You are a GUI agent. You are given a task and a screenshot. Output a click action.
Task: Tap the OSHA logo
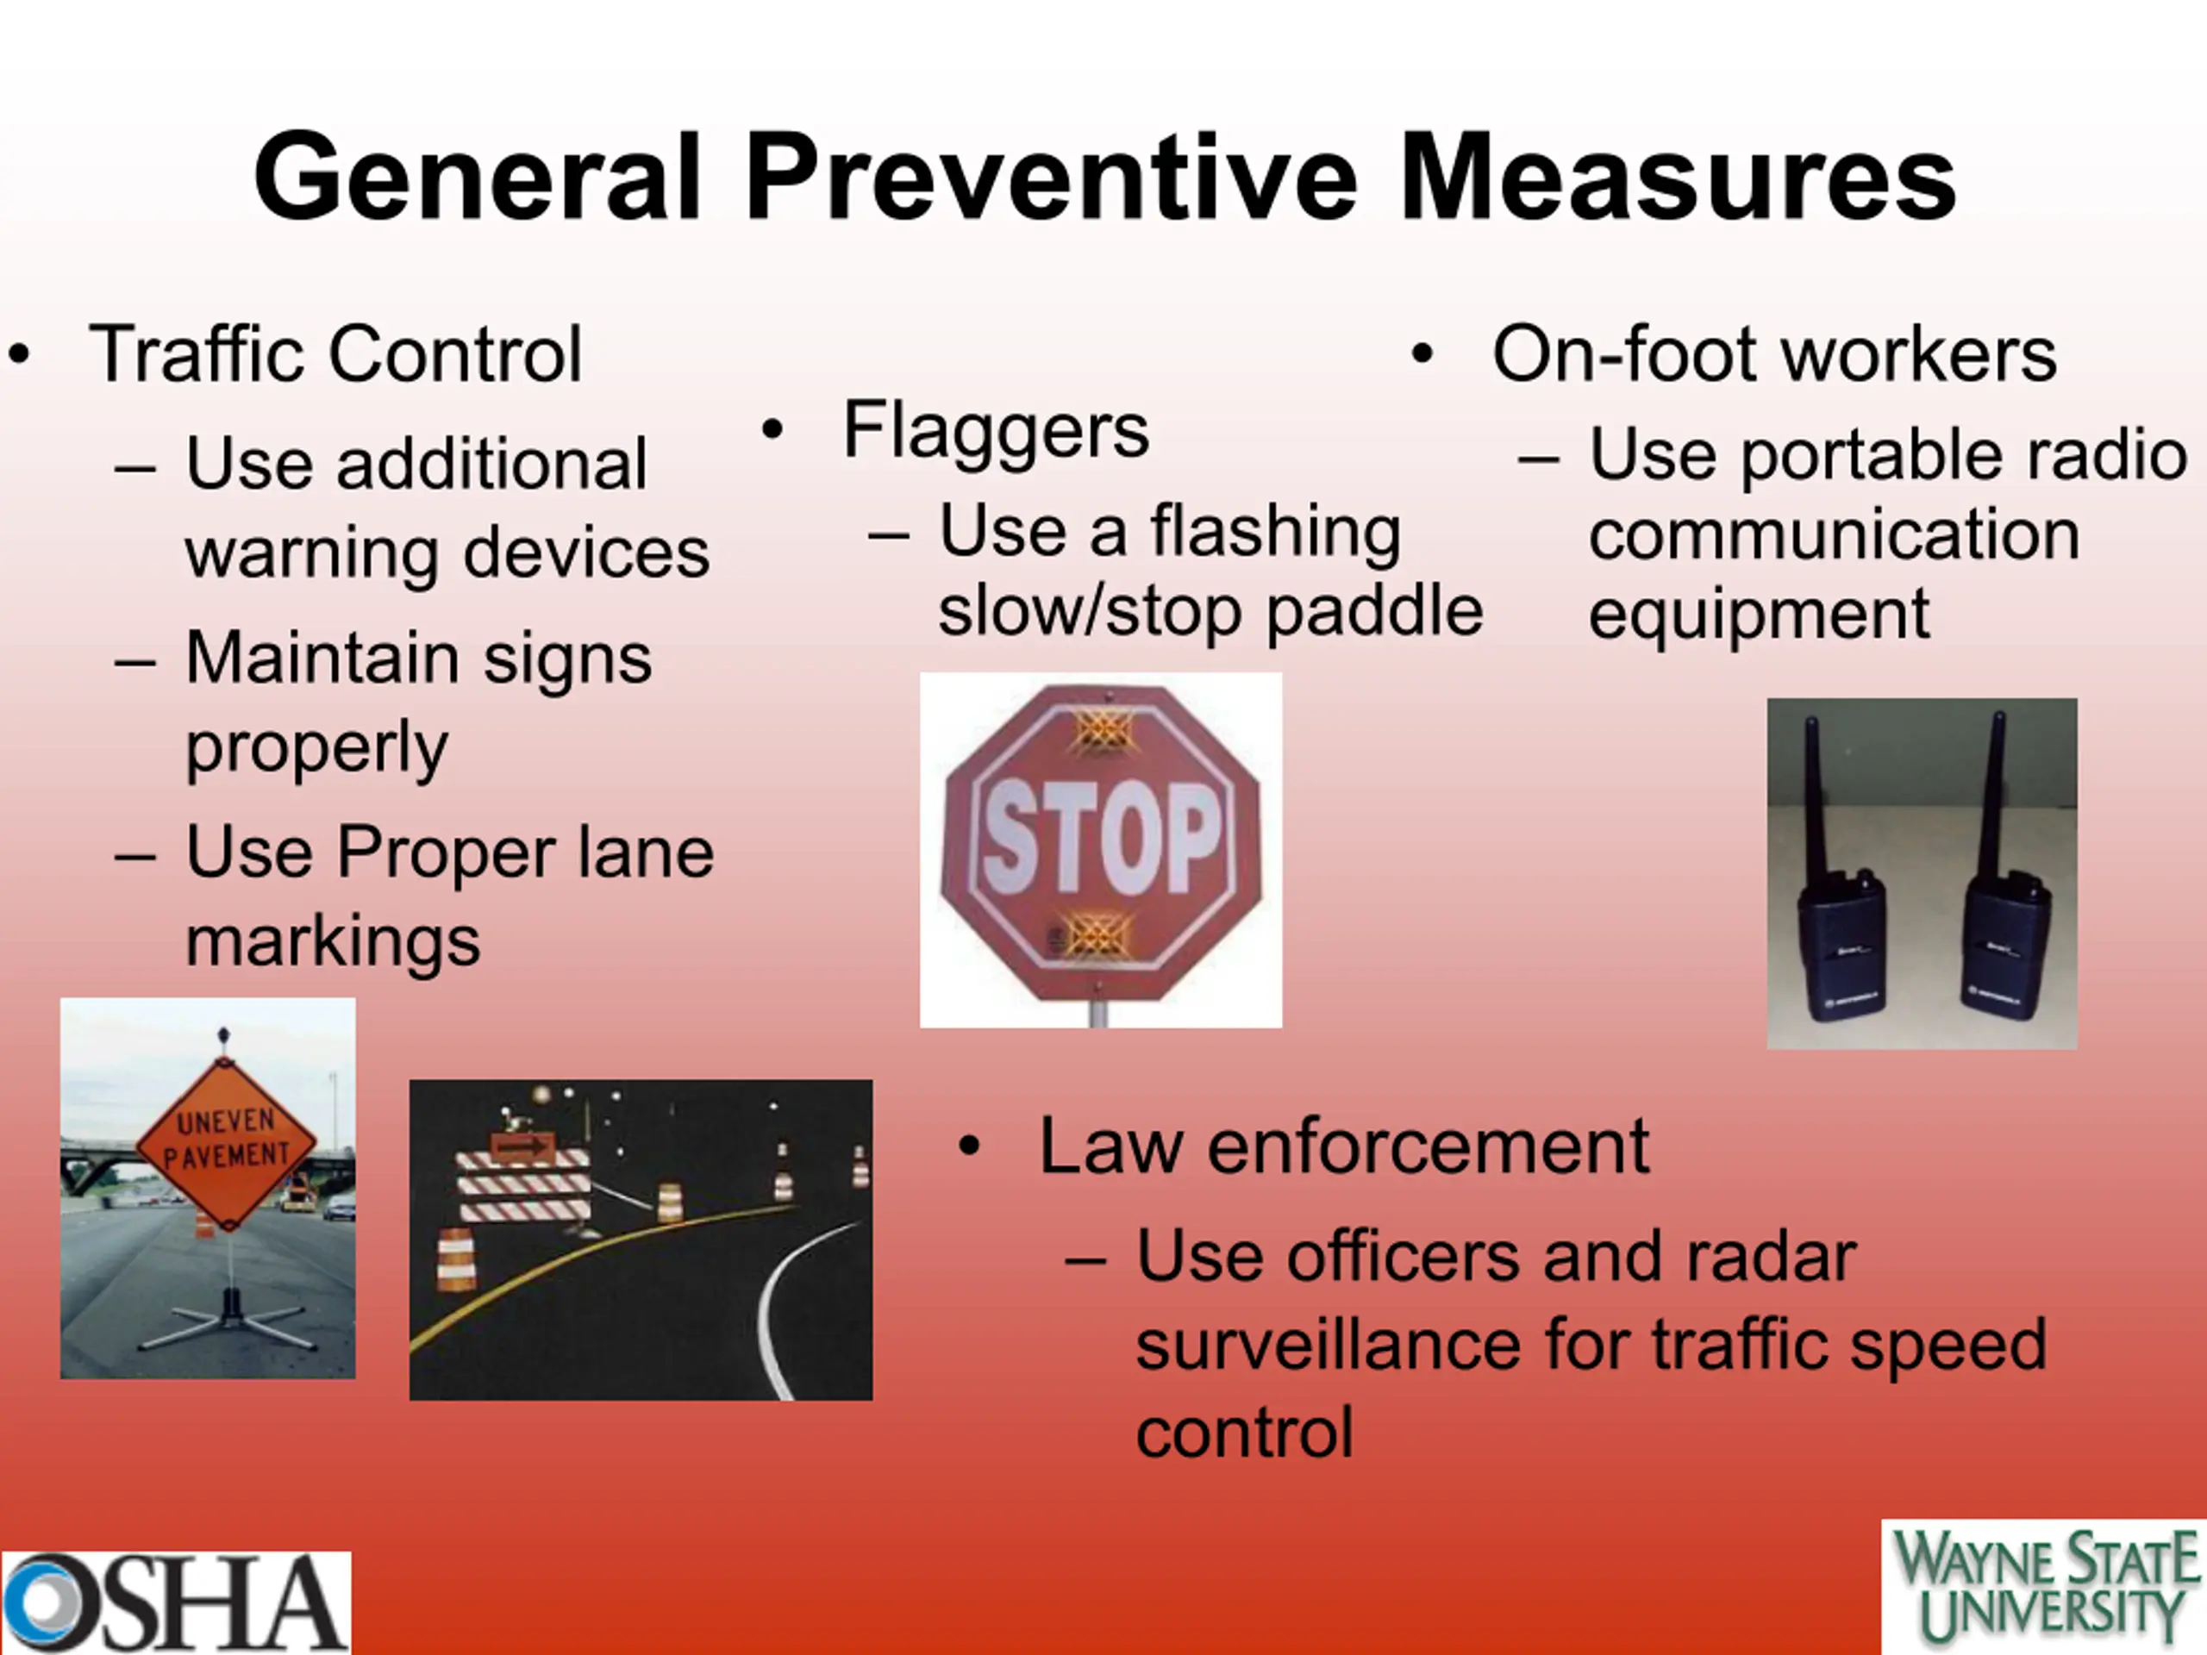[176, 1602]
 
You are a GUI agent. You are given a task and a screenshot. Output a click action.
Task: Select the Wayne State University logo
[2044, 1586]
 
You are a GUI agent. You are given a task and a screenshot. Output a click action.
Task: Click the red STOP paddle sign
[1101, 843]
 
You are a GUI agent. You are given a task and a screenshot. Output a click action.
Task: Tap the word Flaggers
[996, 431]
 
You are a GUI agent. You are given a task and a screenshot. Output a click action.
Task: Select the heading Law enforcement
[1344, 1146]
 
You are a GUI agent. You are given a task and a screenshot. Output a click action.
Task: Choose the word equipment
[1759, 615]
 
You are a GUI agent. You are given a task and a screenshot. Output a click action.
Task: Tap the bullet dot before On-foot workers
[1422, 354]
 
